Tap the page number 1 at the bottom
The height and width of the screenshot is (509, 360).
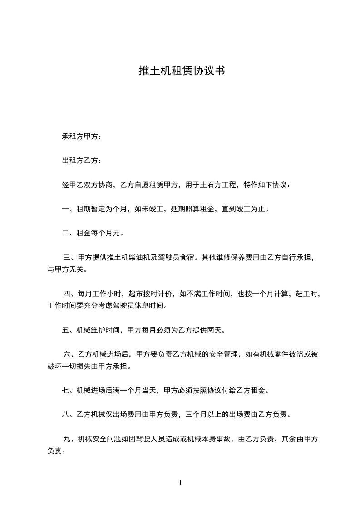tap(180, 483)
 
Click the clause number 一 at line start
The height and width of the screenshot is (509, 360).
tap(65, 209)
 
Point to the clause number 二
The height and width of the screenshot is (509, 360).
tap(65, 234)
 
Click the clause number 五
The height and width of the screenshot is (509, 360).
tap(65, 330)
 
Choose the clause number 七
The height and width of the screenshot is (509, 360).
tap(65, 390)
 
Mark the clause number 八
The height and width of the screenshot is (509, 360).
tap(65, 415)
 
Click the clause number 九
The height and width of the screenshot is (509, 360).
tap(67, 439)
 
